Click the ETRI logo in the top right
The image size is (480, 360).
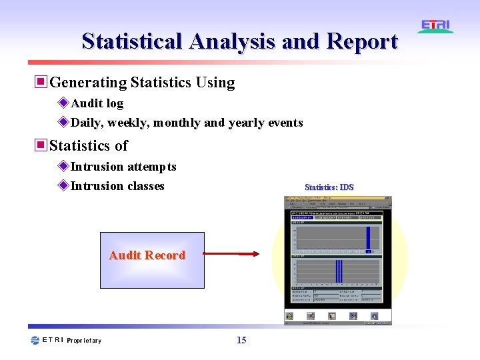436,26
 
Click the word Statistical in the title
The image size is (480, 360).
132,41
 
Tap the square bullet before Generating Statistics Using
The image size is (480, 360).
41,82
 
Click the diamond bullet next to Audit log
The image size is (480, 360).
63,103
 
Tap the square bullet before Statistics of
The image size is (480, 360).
41,145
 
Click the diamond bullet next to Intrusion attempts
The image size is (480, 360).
63,166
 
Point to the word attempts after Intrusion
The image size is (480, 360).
152,167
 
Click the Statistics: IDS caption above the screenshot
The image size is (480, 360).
329,187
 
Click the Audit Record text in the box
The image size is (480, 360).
147,255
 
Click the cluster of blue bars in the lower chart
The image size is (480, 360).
339,271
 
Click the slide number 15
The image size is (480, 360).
241,340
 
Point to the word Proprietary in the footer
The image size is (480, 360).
85,341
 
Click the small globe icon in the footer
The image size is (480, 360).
35,340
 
